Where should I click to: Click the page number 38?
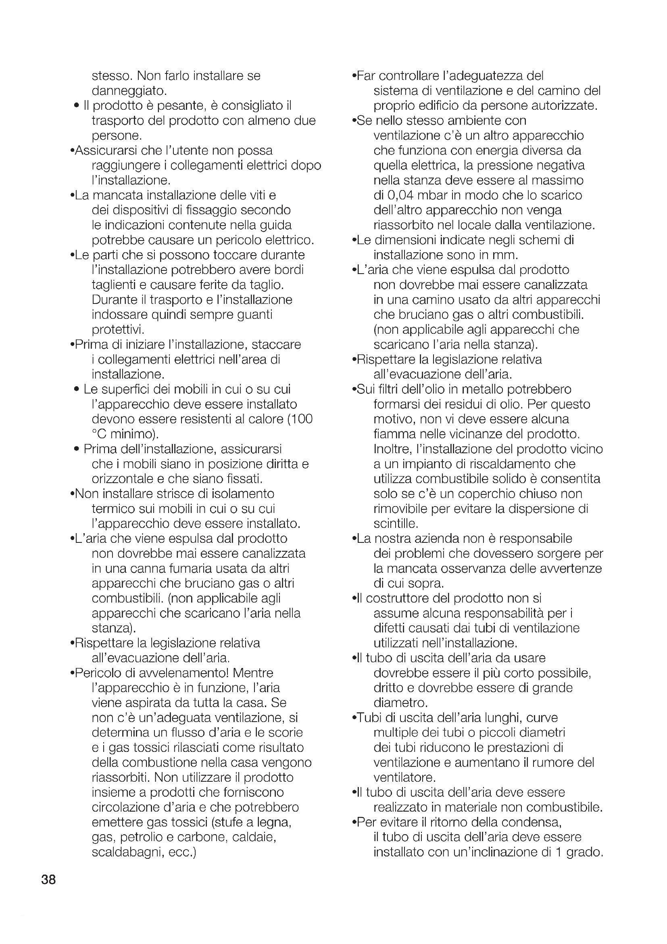tap(48, 879)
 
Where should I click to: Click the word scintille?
tap(396, 524)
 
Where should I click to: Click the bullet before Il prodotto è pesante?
tap(76, 106)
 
